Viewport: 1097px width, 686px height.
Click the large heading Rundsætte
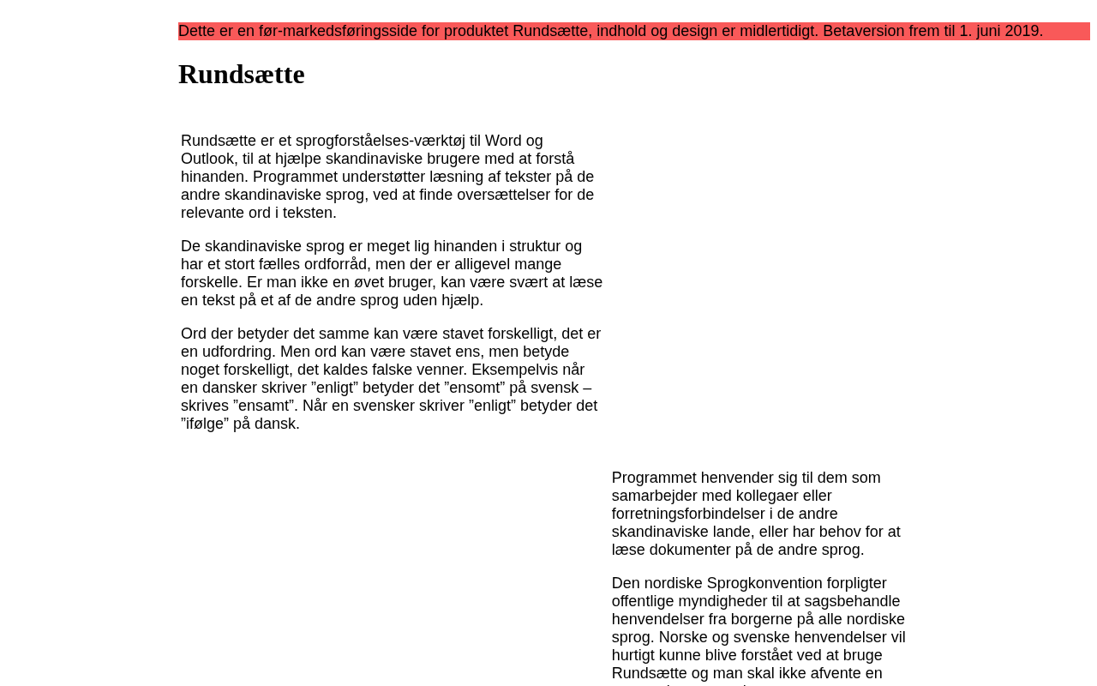coord(241,75)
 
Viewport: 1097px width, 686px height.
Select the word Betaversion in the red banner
coord(863,31)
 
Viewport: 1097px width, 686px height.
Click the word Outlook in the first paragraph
coord(208,159)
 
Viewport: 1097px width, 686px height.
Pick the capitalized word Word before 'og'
coord(503,141)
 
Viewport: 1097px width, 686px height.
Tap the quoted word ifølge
coord(205,424)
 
